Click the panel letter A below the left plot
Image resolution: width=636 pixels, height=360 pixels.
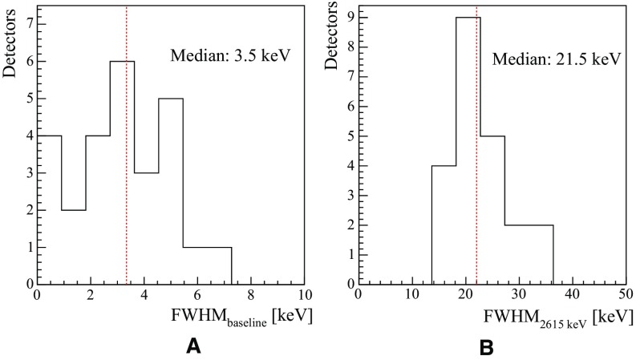point(192,346)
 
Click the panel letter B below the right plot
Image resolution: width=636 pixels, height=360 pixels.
point(486,346)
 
